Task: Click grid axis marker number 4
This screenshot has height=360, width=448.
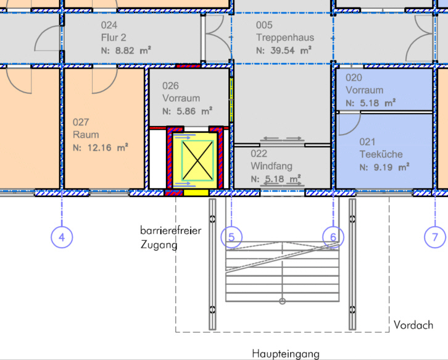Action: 62,237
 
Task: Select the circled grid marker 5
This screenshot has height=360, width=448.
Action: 231,237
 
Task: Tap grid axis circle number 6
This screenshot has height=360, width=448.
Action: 333,237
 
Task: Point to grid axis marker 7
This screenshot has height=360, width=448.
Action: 435,237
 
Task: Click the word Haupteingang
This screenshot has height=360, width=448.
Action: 286,354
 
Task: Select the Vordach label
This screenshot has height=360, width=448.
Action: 413,325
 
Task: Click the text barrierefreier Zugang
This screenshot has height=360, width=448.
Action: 170,238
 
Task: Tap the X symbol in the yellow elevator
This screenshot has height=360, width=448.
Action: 197,161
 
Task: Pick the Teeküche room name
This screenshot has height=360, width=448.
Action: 381,154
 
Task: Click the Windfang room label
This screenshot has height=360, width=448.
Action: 272,166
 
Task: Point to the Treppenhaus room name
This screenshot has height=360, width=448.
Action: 285,38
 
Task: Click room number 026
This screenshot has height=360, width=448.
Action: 170,85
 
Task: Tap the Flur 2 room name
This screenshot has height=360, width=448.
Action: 114,38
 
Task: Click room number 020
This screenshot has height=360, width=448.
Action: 354,77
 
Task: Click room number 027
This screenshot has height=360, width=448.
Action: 81,122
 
